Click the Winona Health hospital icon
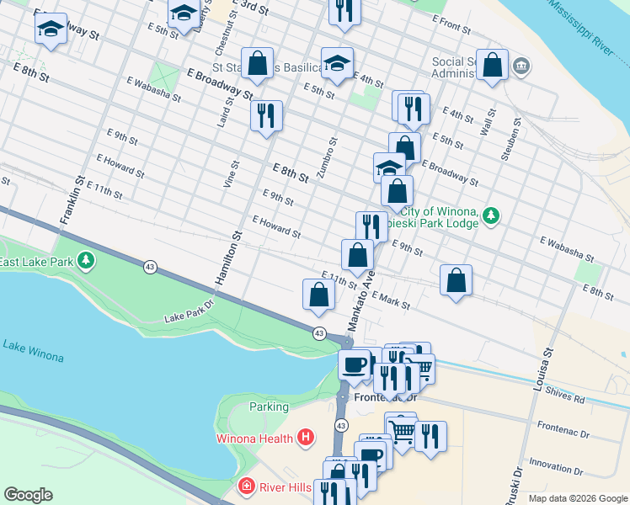306,438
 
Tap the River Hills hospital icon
245,486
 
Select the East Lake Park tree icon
85,263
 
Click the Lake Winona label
33,351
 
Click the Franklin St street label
71,199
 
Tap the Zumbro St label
326,158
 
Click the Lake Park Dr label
186,316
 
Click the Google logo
29,494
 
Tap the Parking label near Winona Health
269,407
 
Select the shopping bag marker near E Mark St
456,281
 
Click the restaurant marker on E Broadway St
266,116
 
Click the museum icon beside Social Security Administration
521,66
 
